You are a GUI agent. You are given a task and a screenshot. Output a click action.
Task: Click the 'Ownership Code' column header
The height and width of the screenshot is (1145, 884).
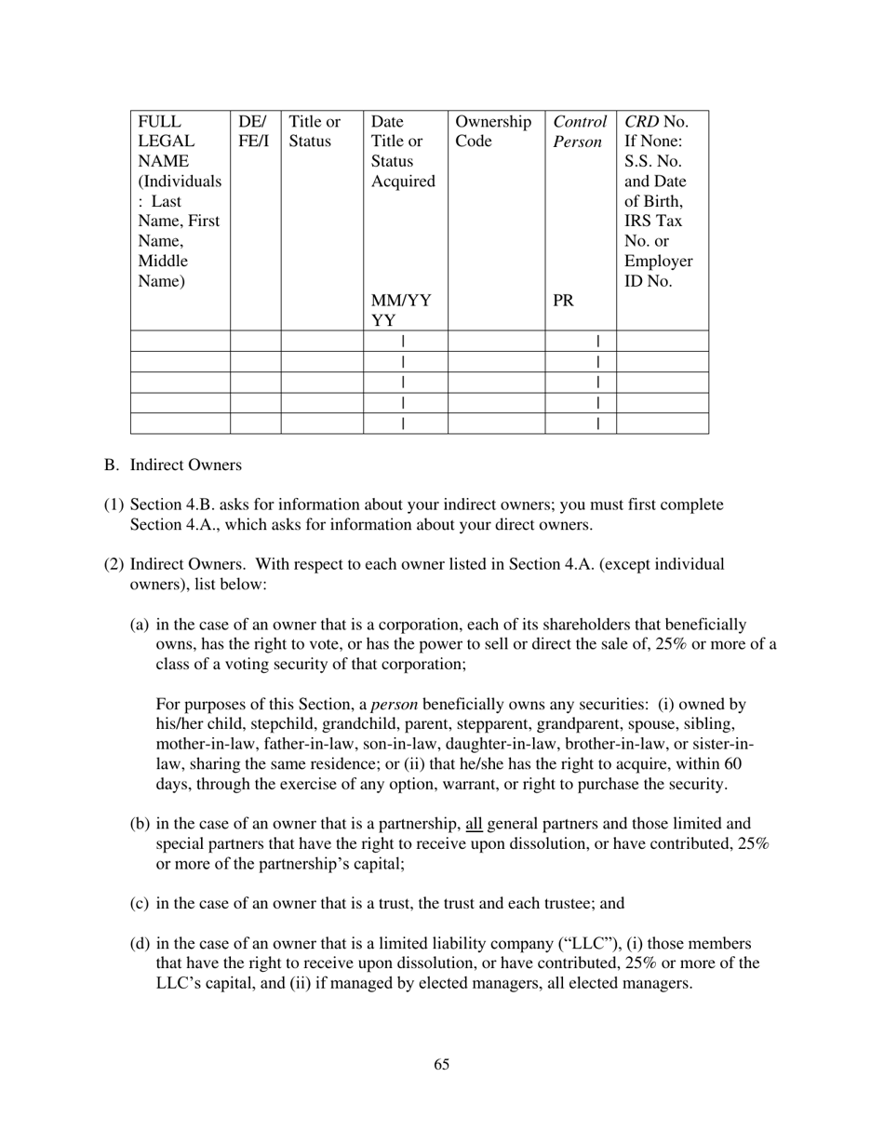tap(493, 131)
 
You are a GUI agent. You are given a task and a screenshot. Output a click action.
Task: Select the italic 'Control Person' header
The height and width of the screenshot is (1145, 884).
tap(580, 131)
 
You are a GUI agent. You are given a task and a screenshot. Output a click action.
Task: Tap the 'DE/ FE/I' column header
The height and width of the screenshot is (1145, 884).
tap(254, 131)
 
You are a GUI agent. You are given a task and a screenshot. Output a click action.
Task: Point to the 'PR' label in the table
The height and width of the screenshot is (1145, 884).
tap(563, 301)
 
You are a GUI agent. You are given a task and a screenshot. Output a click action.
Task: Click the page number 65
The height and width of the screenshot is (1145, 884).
tap(441, 1064)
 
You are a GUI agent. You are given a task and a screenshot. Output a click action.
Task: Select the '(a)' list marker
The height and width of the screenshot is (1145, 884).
tap(140, 625)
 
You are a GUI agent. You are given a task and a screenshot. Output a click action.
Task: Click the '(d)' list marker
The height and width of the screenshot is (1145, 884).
tap(140, 943)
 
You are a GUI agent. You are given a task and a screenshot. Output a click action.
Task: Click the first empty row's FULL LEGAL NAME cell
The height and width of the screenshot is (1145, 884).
tap(181, 341)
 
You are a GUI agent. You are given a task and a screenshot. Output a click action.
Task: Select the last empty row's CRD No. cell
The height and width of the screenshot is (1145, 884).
tap(662, 424)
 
